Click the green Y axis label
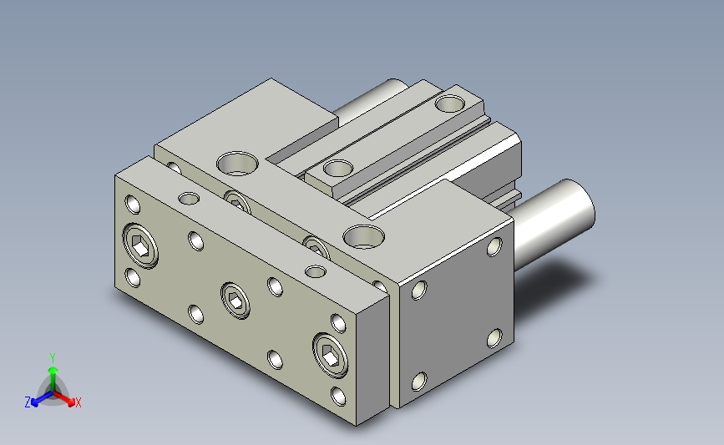(x=53, y=358)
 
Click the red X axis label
(x=78, y=402)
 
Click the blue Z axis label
(x=28, y=402)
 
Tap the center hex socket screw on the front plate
(x=235, y=301)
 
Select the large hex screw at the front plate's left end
(x=140, y=245)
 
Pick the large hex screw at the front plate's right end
(x=330, y=356)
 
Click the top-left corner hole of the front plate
(x=133, y=205)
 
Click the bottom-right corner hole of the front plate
(x=338, y=397)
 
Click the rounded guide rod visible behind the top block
(x=369, y=99)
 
